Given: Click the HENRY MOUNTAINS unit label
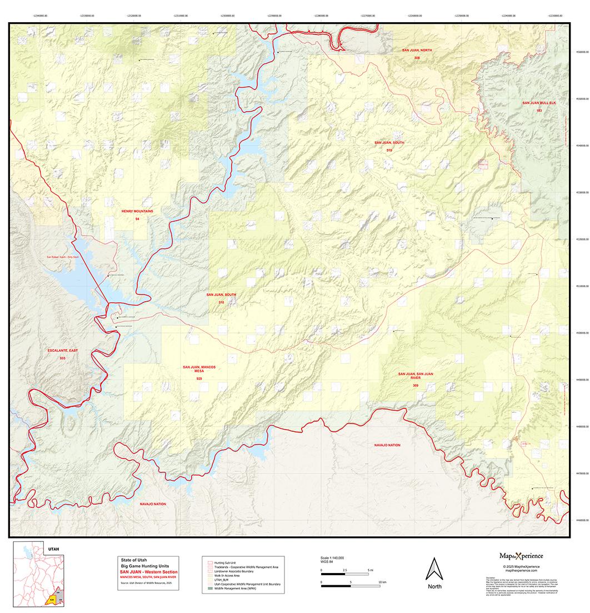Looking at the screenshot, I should [x=137, y=212].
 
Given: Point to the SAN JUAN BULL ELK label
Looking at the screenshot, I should [x=538, y=103].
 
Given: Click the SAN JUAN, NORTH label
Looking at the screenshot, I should [x=417, y=50].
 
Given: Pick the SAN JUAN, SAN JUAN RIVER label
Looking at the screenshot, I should [x=416, y=376].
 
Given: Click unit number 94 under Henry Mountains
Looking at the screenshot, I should [x=137, y=220].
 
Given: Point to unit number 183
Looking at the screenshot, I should [x=538, y=111].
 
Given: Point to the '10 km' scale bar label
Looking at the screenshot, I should [x=382, y=582].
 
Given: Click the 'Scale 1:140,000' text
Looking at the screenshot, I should [x=332, y=557].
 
